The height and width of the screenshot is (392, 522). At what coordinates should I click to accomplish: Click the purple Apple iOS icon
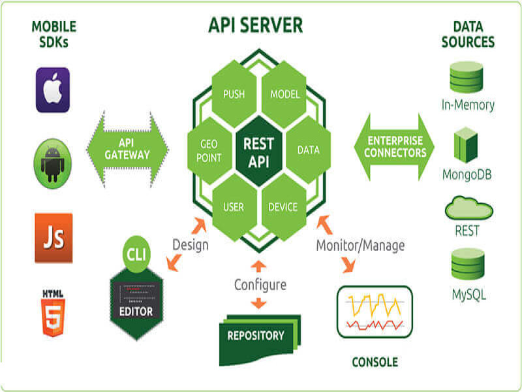point(52,90)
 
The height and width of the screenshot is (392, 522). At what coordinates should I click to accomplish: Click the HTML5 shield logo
point(52,313)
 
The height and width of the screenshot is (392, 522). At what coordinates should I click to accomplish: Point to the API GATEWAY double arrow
point(127,149)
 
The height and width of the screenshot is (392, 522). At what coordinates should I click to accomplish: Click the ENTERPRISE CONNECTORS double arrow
point(395,147)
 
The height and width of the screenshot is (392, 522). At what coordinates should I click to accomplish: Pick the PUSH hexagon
point(234,94)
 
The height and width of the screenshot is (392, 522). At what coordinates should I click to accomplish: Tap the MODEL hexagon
point(284,94)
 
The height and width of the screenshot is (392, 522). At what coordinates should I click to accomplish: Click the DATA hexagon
point(308,150)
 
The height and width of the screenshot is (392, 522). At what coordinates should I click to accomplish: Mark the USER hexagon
point(233,207)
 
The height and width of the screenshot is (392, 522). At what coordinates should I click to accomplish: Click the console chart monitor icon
point(374,312)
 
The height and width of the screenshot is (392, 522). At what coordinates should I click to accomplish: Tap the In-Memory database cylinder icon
point(467,78)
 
